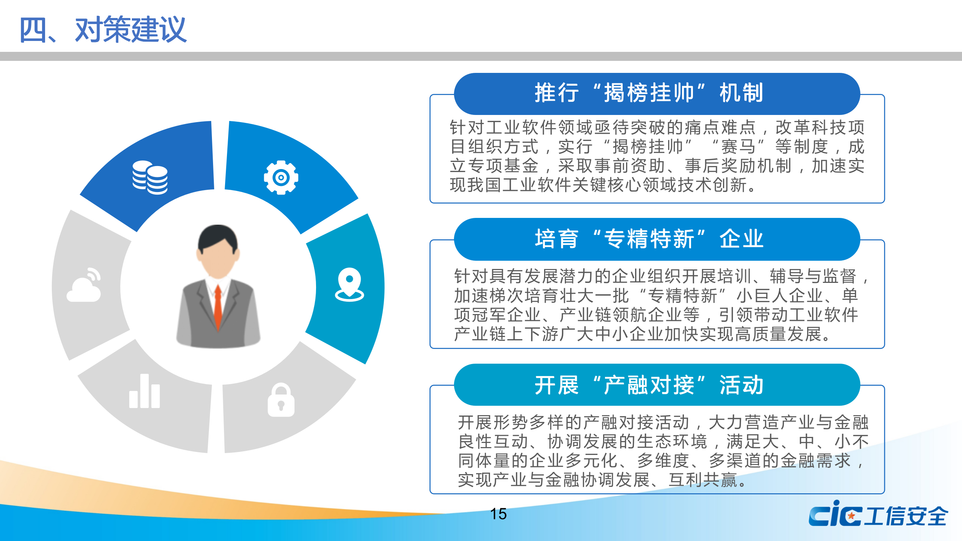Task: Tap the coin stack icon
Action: click(x=150, y=177)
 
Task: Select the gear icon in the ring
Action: click(x=281, y=177)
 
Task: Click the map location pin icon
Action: click(x=349, y=284)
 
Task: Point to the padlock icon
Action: click(x=281, y=400)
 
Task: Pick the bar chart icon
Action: click(x=145, y=391)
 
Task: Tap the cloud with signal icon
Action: click(x=84, y=285)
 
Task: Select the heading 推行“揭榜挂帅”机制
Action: click(x=649, y=93)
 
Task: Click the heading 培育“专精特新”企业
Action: click(x=649, y=239)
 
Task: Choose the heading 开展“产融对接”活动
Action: click(x=649, y=385)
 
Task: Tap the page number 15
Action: click(x=498, y=514)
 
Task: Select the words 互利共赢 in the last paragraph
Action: click(x=703, y=480)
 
